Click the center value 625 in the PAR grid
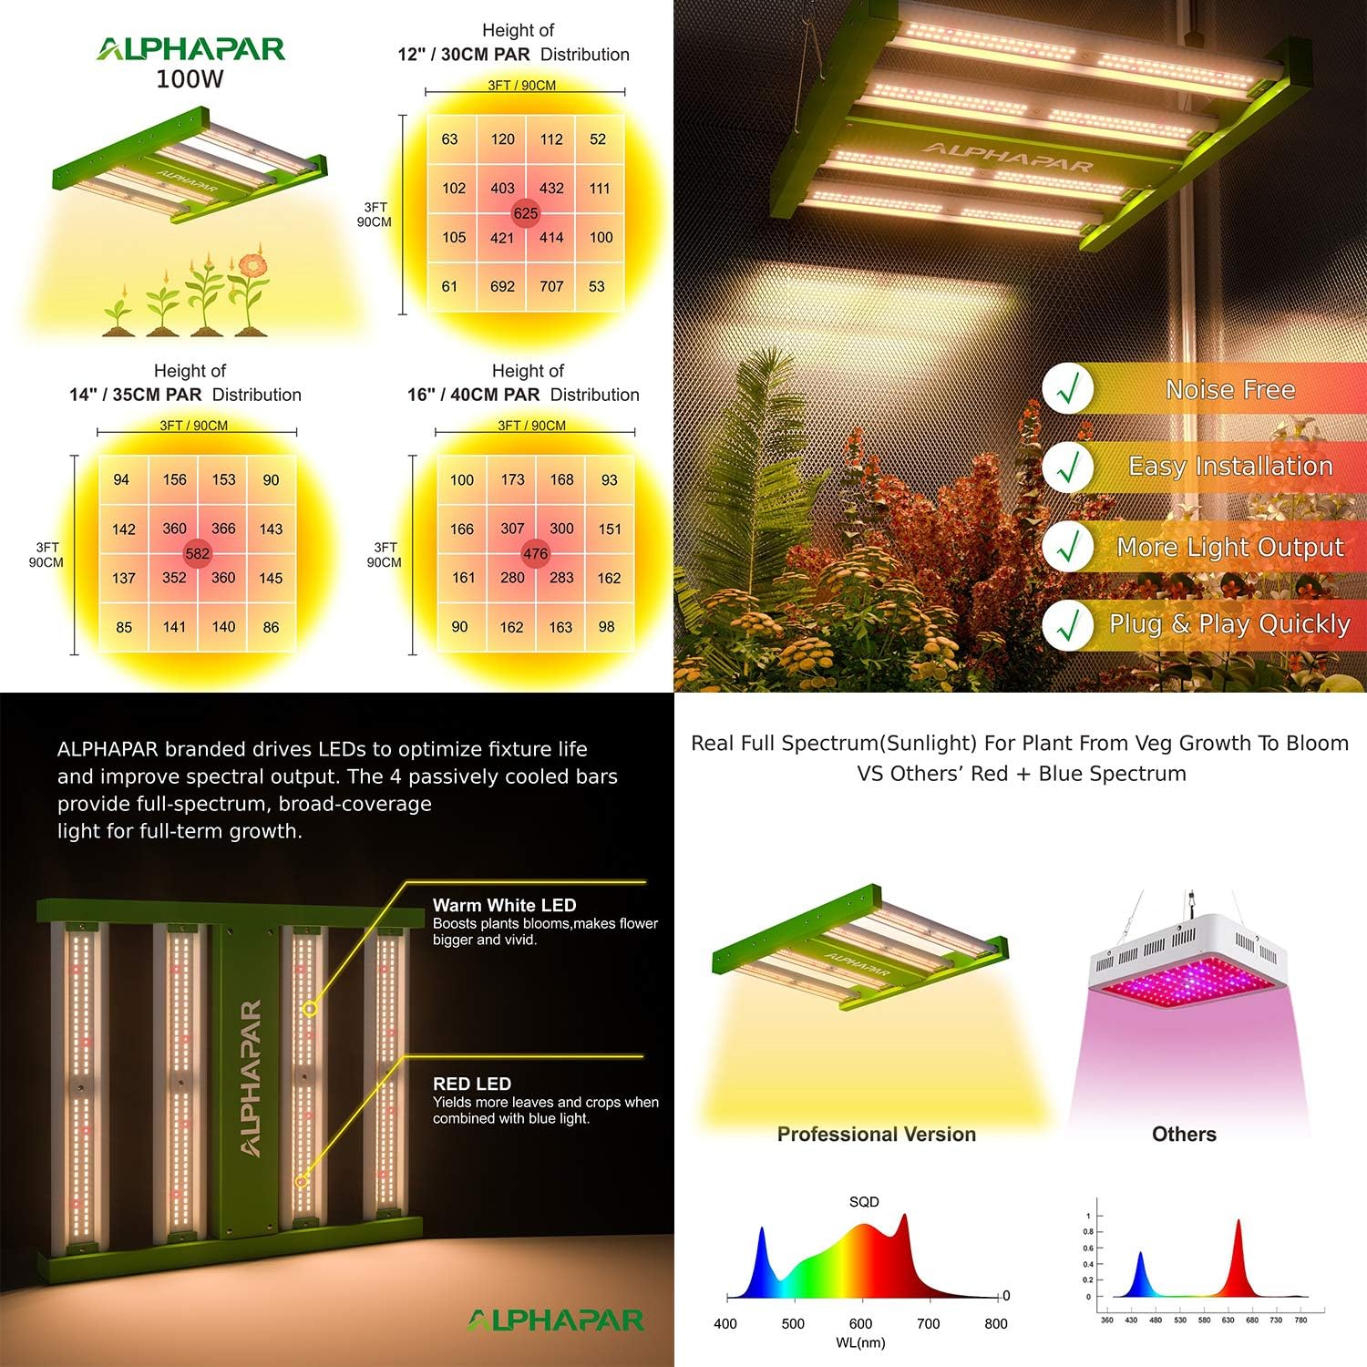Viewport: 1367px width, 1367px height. pyautogui.click(x=526, y=213)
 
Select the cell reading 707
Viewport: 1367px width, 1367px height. pyautogui.click(x=551, y=286)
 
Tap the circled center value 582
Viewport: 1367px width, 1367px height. pyautogui.click(x=197, y=553)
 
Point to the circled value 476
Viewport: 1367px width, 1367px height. pyautogui.click(x=535, y=553)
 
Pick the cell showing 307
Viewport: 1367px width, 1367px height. pyautogui.click(x=512, y=529)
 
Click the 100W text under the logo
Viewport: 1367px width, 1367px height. pyautogui.click(x=190, y=79)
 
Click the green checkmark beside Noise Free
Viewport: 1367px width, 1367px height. pyautogui.click(x=1068, y=389)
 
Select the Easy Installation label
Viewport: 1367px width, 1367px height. pyautogui.click(x=1230, y=467)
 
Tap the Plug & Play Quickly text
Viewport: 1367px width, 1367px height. pyautogui.click(x=1229, y=624)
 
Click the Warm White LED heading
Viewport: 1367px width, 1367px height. pyautogui.click(x=504, y=905)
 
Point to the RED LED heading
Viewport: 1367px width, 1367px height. pyautogui.click(x=471, y=1084)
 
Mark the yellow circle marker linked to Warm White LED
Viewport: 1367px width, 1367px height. pyautogui.click(x=310, y=1009)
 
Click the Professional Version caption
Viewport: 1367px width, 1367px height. pyautogui.click(x=876, y=1134)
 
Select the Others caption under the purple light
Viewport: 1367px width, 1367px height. pyautogui.click(x=1184, y=1134)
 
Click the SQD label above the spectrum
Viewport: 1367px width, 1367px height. pyautogui.click(x=864, y=1202)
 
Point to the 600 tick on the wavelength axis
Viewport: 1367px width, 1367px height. pyautogui.click(x=860, y=1323)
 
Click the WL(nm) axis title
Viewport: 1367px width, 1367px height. pyautogui.click(x=860, y=1342)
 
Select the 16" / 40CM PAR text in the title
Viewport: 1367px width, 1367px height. pyautogui.click(x=474, y=395)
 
